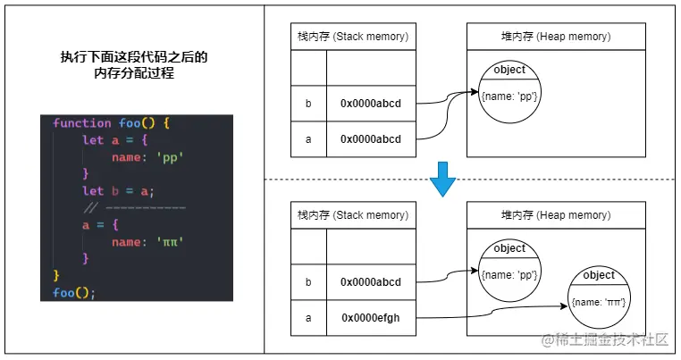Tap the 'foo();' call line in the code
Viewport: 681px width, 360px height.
[74, 291]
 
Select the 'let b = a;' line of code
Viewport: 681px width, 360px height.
[118, 191]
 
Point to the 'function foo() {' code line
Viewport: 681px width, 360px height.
[111, 123]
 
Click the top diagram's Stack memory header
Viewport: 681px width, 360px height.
[352, 37]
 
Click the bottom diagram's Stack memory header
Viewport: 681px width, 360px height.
[352, 215]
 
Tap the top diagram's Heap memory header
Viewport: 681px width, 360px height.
[555, 37]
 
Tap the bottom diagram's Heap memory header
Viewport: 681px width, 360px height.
[555, 215]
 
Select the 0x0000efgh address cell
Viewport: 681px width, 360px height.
[371, 317]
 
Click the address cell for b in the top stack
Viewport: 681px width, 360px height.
[371, 104]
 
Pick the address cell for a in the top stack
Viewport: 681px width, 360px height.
[371, 138]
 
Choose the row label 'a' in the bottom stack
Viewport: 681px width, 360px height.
[308, 317]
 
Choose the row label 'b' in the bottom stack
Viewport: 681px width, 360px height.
[308, 282]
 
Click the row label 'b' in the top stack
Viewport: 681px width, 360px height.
[308, 104]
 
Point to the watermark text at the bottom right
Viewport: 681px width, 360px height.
[603, 339]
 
